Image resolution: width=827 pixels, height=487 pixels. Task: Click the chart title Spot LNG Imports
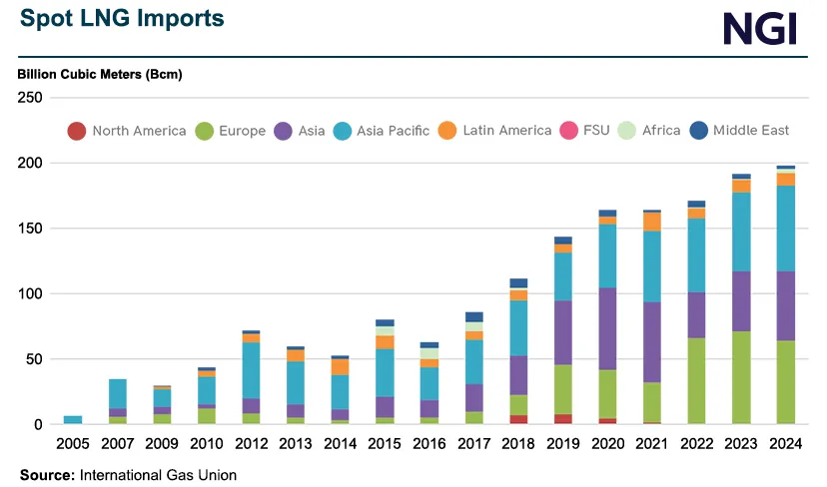(x=122, y=19)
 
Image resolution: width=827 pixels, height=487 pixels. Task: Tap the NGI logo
(x=760, y=28)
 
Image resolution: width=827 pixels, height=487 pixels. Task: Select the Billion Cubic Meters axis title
(x=100, y=75)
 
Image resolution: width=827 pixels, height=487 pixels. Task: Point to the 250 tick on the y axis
(x=29, y=98)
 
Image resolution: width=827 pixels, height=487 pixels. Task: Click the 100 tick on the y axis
(x=29, y=293)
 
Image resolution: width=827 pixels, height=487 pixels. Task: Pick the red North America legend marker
(x=76, y=131)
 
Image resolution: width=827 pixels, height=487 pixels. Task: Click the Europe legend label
(x=243, y=131)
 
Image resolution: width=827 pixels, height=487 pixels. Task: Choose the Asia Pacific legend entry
(x=395, y=131)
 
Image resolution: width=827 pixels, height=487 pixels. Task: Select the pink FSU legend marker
(x=569, y=131)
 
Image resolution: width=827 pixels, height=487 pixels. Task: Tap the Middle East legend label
(x=751, y=131)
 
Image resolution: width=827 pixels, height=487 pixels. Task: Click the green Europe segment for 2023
(x=741, y=377)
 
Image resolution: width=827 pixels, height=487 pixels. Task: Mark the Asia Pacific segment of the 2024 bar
(x=785, y=229)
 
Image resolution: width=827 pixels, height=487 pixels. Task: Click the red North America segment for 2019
(x=563, y=419)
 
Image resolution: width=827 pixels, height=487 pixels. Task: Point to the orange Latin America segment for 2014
(x=340, y=367)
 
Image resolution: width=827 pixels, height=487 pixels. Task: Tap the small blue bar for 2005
(x=73, y=420)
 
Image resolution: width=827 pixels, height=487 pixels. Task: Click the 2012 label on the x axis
(x=250, y=444)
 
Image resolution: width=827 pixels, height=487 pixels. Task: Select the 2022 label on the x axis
(x=696, y=444)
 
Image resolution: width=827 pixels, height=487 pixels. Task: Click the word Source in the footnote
(x=46, y=475)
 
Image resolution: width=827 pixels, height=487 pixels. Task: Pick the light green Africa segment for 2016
(x=428, y=353)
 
